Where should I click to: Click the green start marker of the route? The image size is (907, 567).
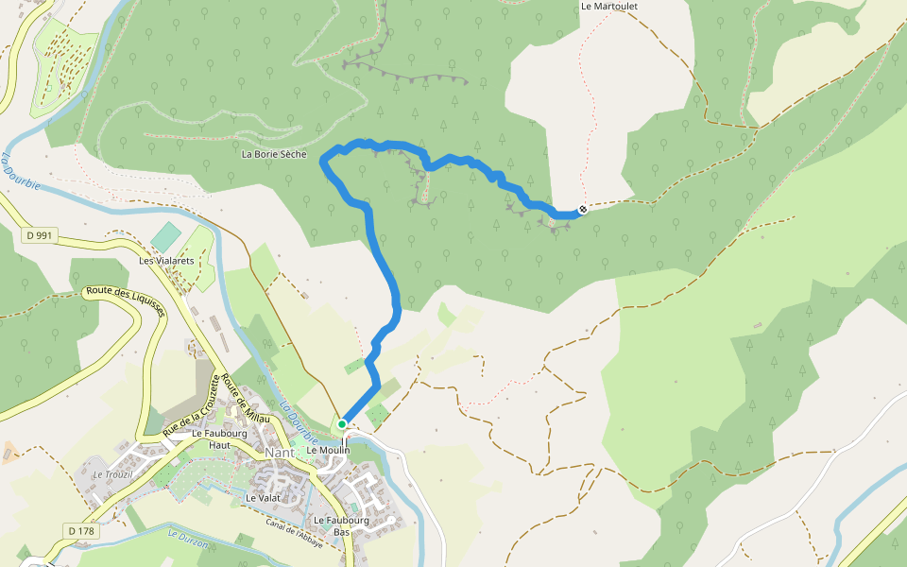(342, 425)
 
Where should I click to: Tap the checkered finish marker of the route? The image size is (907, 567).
(583, 209)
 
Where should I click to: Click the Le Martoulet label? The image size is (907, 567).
(609, 6)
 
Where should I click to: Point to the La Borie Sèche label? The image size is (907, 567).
(274, 154)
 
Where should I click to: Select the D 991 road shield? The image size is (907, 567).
(39, 235)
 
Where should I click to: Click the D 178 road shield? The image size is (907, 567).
(81, 531)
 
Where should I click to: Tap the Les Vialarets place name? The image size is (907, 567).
(166, 261)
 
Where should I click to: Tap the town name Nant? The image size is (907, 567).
(281, 452)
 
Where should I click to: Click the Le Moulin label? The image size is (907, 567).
(328, 451)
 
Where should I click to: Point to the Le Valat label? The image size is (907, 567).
(264, 497)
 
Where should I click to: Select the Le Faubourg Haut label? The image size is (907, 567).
(212, 438)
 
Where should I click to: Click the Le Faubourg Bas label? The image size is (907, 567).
(340, 525)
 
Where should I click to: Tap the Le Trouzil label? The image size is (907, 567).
(111, 473)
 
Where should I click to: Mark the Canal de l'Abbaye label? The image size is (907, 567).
(294, 534)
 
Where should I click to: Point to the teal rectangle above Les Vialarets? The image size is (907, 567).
(166, 236)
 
